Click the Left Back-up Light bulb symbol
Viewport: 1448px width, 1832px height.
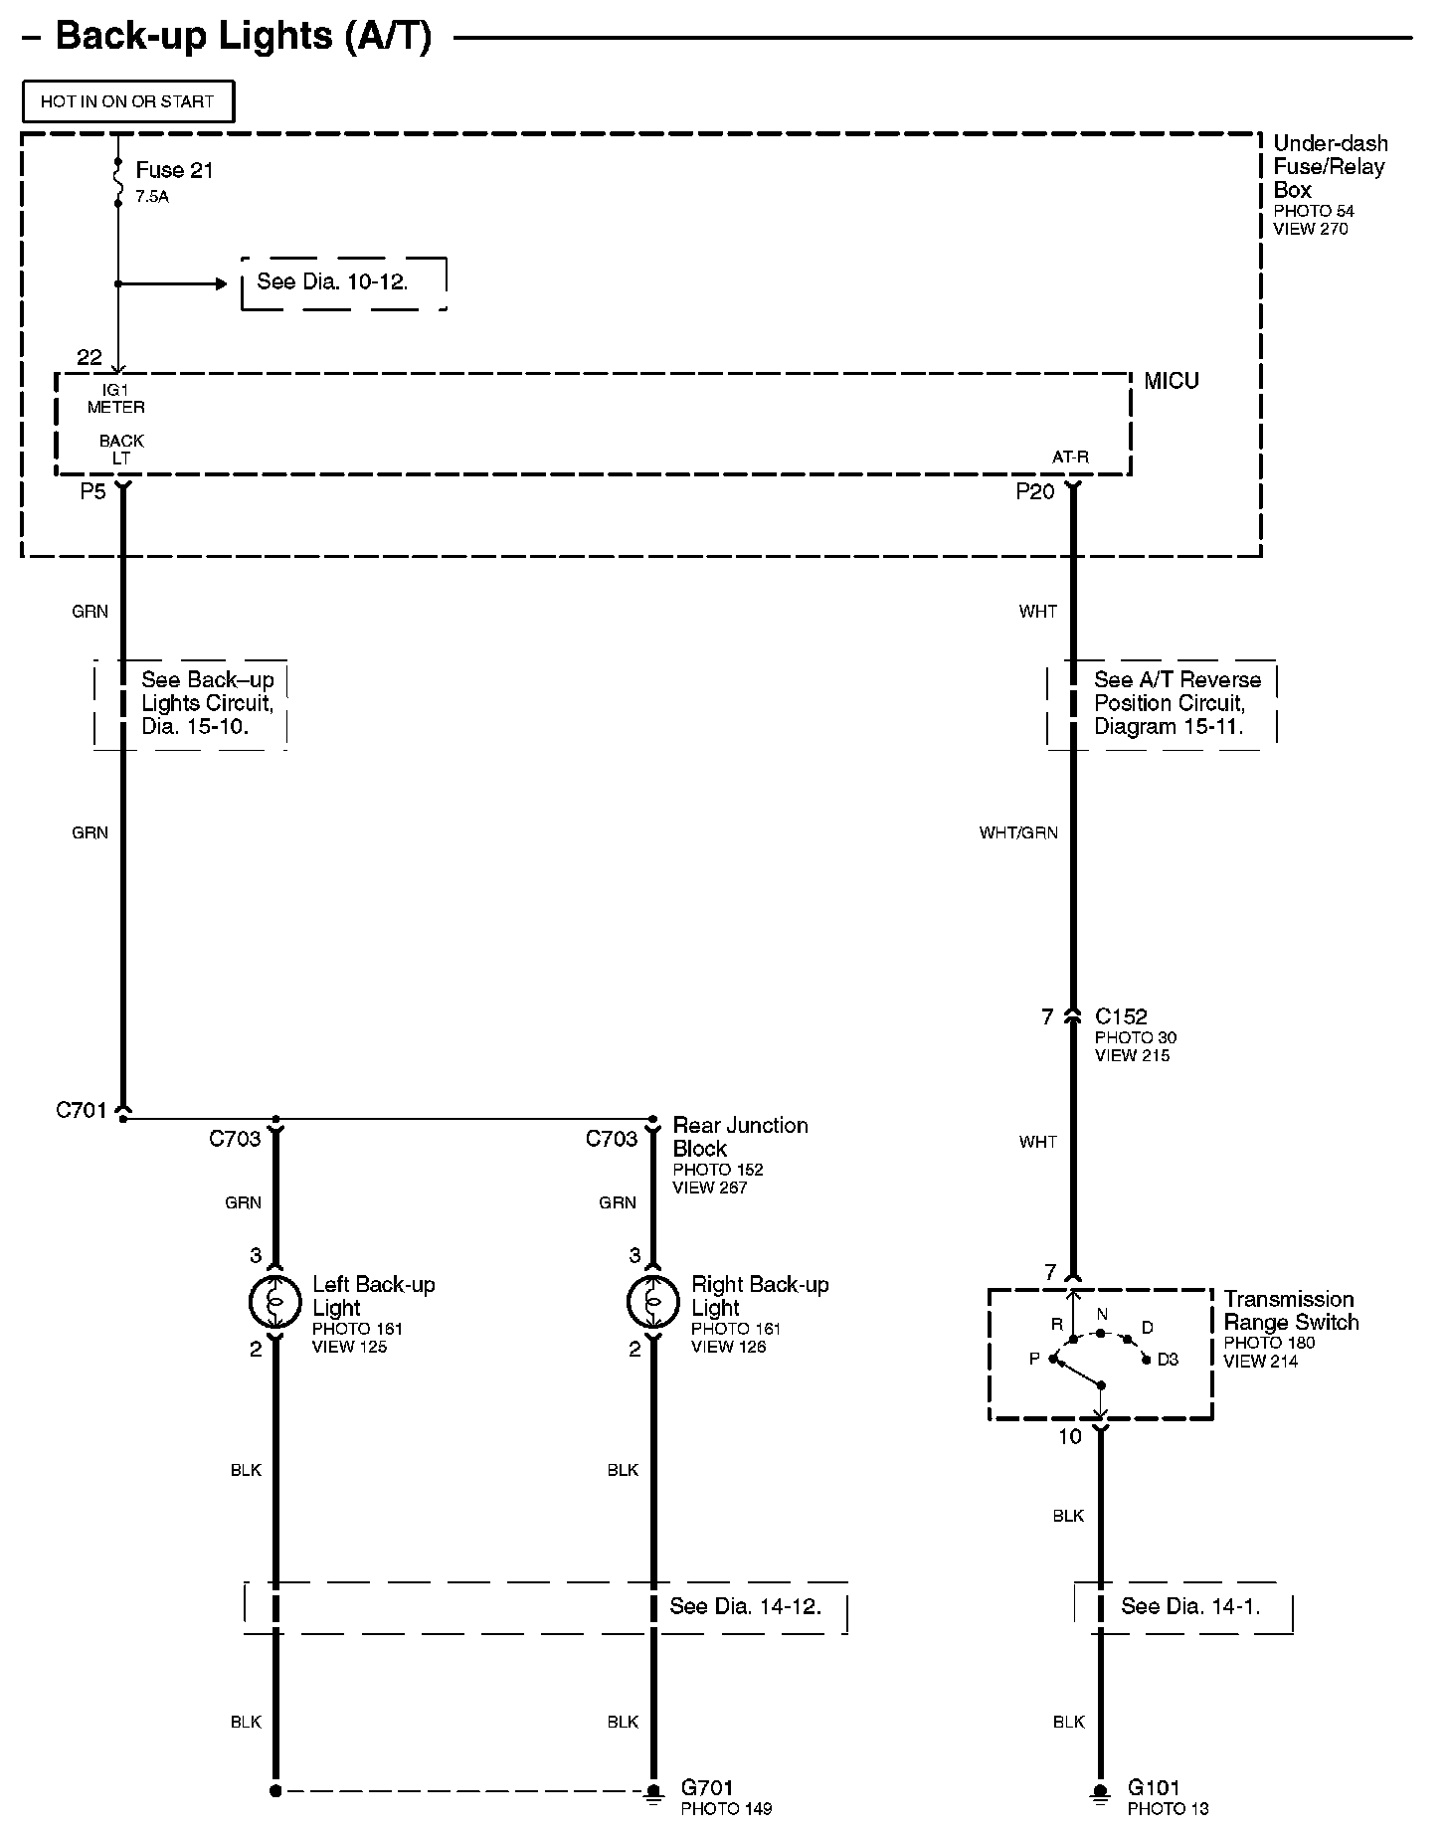click(x=274, y=1301)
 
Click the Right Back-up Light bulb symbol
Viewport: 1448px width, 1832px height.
click(x=652, y=1301)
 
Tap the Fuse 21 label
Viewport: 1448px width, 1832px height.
click(x=174, y=170)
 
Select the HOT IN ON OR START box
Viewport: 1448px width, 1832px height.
click(x=127, y=101)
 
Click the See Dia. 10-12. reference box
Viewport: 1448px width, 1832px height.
click(x=343, y=282)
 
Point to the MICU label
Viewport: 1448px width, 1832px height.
click(x=1171, y=381)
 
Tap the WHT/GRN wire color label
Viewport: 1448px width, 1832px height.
click(x=1018, y=832)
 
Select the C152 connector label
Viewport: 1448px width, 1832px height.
click(x=1121, y=1016)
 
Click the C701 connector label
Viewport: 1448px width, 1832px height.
click(x=81, y=1110)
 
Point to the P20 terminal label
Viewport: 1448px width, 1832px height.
click(x=1034, y=491)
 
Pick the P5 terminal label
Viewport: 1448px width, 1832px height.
click(x=92, y=491)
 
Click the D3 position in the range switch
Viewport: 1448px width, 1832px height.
click(x=1168, y=1359)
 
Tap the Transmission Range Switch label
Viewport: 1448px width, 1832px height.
click(x=1290, y=1311)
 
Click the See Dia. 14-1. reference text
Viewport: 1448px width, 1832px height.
click(x=1190, y=1606)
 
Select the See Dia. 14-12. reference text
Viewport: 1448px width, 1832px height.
click(x=745, y=1606)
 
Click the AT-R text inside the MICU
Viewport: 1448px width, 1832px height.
click(x=1070, y=458)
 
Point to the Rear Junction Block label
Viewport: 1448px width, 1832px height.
click(x=740, y=1137)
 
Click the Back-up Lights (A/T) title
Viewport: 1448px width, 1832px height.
click(x=244, y=37)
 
